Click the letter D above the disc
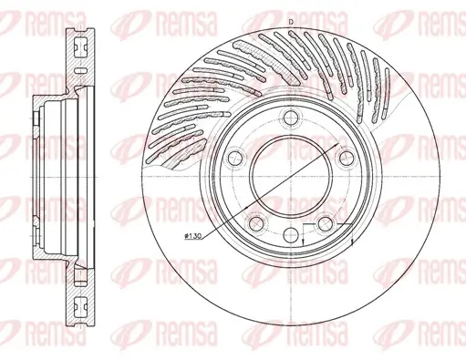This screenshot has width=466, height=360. [290, 21]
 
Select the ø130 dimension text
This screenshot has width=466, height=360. [193, 237]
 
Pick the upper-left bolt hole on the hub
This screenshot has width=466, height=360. [234, 159]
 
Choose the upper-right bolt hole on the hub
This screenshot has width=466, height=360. [347, 159]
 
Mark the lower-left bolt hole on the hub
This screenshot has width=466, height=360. [255, 224]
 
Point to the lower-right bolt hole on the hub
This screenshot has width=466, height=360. [325, 224]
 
